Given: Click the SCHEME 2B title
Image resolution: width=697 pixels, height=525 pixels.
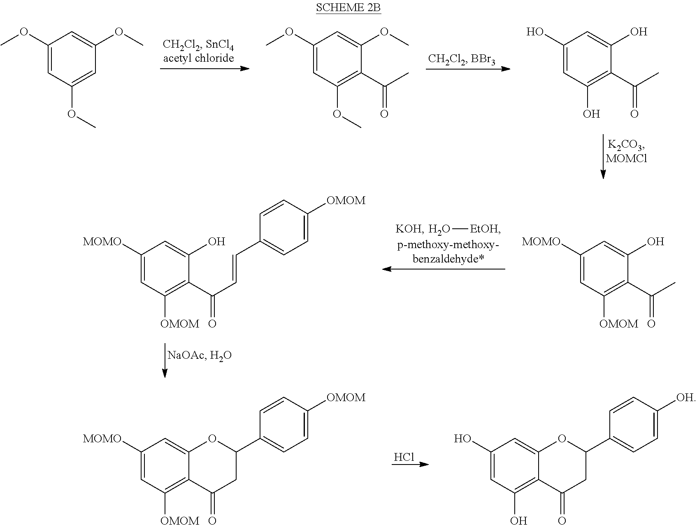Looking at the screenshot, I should tap(348, 8).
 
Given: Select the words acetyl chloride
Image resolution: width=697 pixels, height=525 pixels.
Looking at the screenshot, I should tap(198, 58).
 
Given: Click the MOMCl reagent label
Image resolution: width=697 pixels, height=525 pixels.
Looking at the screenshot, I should tap(626, 159).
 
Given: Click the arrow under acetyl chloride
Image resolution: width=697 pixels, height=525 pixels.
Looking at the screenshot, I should tap(204, 68).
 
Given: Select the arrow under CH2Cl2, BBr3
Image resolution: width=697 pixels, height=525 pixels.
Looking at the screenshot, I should tap(467, 69).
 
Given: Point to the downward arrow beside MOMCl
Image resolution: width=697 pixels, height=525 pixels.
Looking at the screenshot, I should tap(603, 156).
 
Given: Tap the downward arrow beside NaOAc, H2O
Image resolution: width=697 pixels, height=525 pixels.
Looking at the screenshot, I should tap(165, 360).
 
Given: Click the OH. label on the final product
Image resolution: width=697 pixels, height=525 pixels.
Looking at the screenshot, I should tap(685, 397).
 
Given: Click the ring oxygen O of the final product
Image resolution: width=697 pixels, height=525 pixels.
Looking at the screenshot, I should tap(562, 439).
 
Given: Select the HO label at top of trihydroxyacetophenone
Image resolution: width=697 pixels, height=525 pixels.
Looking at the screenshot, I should tap(535, 32).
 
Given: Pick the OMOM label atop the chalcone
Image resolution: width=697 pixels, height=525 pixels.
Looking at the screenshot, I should tap(346, 200).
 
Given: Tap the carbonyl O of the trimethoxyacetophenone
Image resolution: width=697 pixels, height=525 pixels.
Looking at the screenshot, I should tap(384, 114).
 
